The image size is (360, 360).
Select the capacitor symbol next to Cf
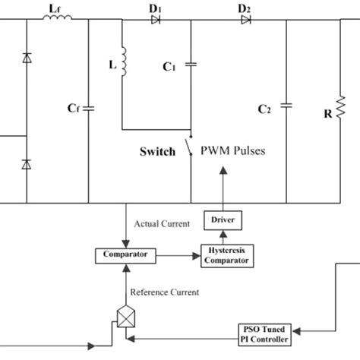(88, 108)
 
